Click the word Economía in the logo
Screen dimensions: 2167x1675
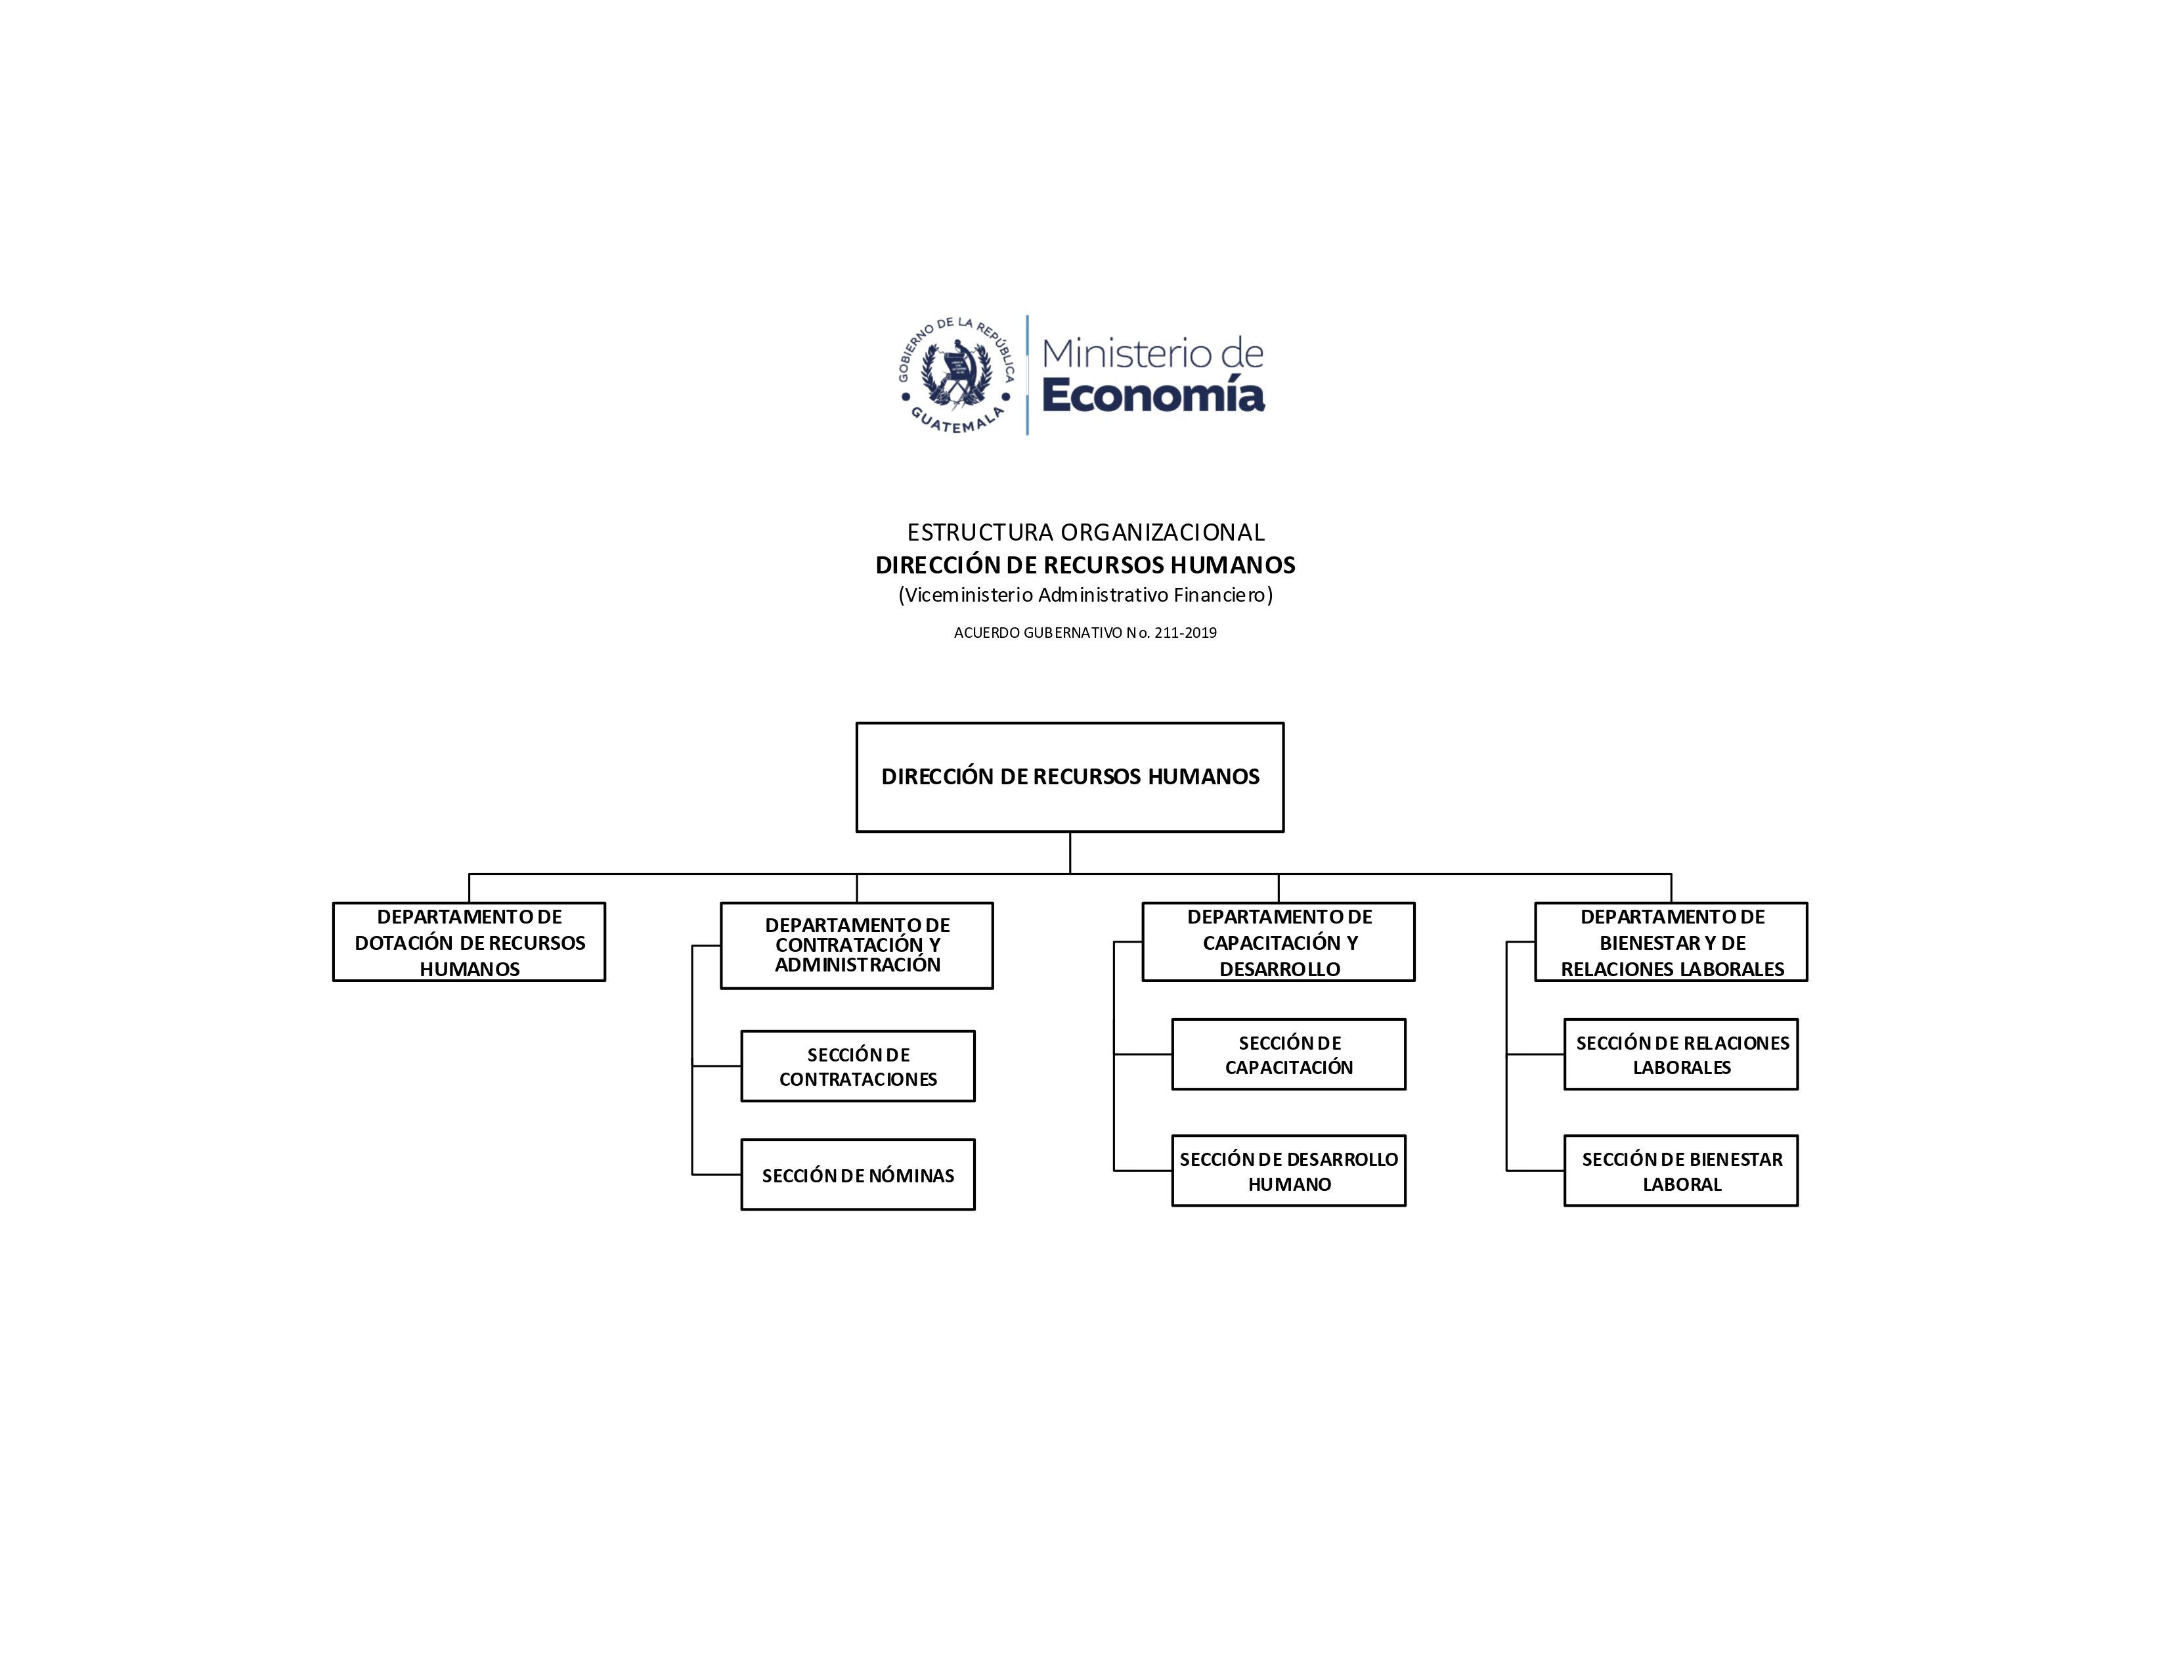click(x=1153, y=395)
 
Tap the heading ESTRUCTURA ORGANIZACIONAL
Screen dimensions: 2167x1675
click(x=1085, y=532)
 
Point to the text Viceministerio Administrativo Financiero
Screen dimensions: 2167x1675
click(x=1085, y=594)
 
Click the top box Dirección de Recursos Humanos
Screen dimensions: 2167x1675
click(x=1070, y=777)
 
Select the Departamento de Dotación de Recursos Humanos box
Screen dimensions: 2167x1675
click(x=470, y=942)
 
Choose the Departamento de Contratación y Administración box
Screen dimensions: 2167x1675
click(x=857, y=946)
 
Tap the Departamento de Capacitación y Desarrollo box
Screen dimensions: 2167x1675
click(x=1279, y=942)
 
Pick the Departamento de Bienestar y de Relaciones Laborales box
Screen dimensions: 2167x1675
click(x=1672, y=942)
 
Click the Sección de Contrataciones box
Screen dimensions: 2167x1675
click(x=858, y=1067)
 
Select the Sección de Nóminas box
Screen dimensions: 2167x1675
click(x=858, y=1175)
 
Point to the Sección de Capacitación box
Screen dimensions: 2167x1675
click(x=1289, y=1055)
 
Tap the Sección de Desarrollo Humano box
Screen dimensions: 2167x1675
click(x=1289, y=1171)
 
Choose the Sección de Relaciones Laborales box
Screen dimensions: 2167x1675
click(x=1682, y=1055)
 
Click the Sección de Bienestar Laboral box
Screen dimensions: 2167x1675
click(x=1682, y=1171)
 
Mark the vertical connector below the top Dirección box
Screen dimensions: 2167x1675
click(x=1070, y=853)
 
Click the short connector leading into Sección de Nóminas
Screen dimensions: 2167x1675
click(x=717, y=1175)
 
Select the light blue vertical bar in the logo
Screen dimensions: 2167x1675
click(x=1027, y=375)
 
